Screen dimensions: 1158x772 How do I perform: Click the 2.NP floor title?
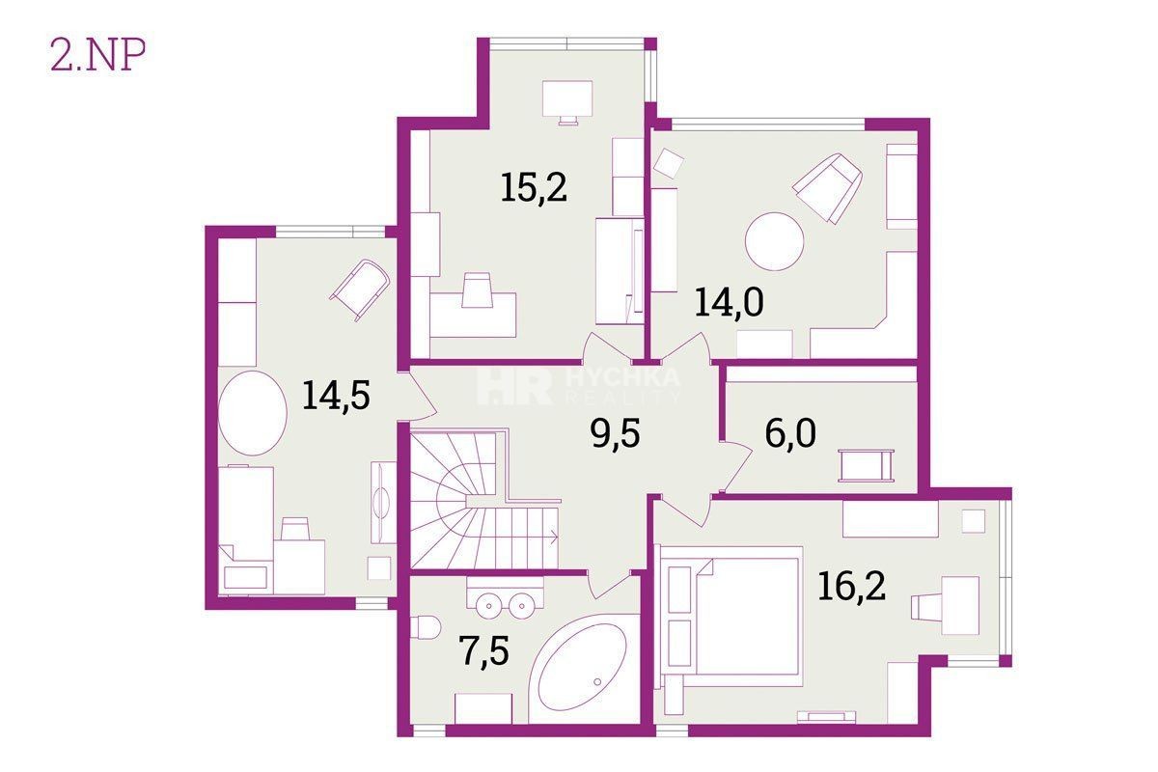[97, 55]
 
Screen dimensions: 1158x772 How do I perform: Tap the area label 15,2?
[534, 188]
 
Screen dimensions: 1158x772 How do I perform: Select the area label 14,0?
[729, 302]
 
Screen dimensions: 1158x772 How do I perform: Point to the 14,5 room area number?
[336, 395]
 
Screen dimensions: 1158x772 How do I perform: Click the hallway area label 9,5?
[615, 433]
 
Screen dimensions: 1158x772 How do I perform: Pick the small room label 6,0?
[790, 432]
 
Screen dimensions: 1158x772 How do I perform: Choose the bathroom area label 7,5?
[483, 651]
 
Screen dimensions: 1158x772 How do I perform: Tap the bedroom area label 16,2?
[851, 587]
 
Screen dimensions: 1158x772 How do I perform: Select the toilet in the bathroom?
[427, 628]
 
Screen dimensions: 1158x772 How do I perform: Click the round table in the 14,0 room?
[774, 241]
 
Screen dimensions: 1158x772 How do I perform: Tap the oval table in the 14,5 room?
[252, 413]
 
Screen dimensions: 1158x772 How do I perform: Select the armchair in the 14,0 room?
[828, 188]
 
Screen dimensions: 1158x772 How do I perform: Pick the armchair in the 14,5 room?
[360, 289]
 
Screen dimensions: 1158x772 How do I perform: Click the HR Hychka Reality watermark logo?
[577, 386]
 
